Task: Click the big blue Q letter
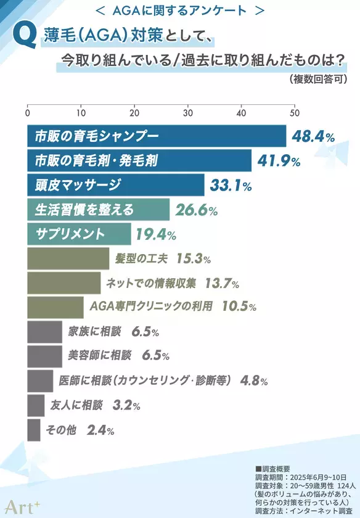point(27,38)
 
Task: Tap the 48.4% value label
point(313,136)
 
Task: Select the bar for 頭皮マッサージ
point(115,184)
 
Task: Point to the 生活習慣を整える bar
point(98,210)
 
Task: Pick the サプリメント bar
point(79,234)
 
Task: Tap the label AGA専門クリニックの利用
point(151,306)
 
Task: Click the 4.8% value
point(255,380)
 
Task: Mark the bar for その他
point(34,430)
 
